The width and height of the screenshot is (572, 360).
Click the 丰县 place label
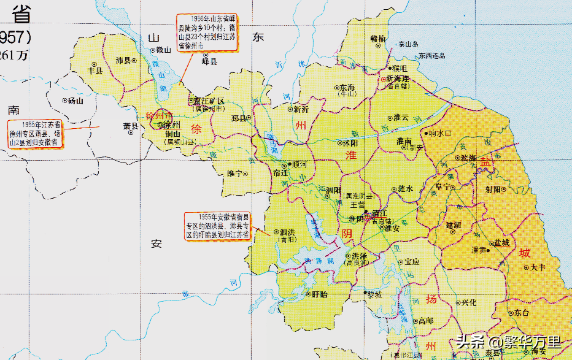point(96,71)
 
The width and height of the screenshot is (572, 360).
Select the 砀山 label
point(75,100)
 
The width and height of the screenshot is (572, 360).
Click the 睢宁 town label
point(234,174)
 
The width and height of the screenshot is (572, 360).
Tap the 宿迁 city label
point(280,174)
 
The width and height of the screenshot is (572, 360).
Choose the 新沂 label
point(301,110)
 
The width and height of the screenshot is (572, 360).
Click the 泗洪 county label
point(288,232)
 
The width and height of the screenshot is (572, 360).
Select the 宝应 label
point(412,261)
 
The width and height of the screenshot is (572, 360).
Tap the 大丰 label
point(537,267)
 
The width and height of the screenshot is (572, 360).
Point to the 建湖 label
point(454,225)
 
